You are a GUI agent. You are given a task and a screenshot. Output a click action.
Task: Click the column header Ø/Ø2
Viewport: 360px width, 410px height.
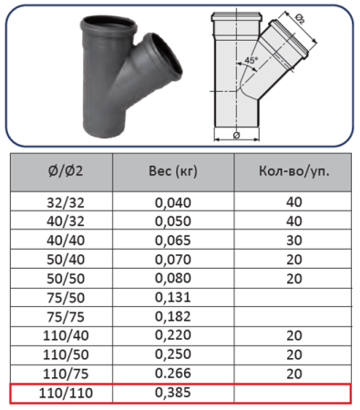[x=66, y=171]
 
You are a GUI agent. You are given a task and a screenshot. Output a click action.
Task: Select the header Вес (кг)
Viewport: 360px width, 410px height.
[x=173, y=171]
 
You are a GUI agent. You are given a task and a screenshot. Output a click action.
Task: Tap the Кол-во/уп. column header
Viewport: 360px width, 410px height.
[x=294, y=171]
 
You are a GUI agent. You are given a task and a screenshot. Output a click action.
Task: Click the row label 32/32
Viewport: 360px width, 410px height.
[x=66, y=202]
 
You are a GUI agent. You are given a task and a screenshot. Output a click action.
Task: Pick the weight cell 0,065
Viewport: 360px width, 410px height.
[x=173, y=241]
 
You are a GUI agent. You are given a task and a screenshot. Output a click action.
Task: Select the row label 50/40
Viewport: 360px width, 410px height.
[x=66, y=260]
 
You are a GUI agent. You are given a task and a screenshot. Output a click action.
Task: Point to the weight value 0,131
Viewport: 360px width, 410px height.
[x=173, y=297]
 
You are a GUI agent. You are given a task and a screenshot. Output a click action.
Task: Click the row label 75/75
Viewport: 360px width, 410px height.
[x=66, y=317]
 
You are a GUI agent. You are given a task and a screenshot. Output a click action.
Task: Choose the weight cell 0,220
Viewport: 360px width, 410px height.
[x=173, y=335]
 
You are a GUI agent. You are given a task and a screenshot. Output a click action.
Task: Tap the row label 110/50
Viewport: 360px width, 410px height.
[x=66, y=354]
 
